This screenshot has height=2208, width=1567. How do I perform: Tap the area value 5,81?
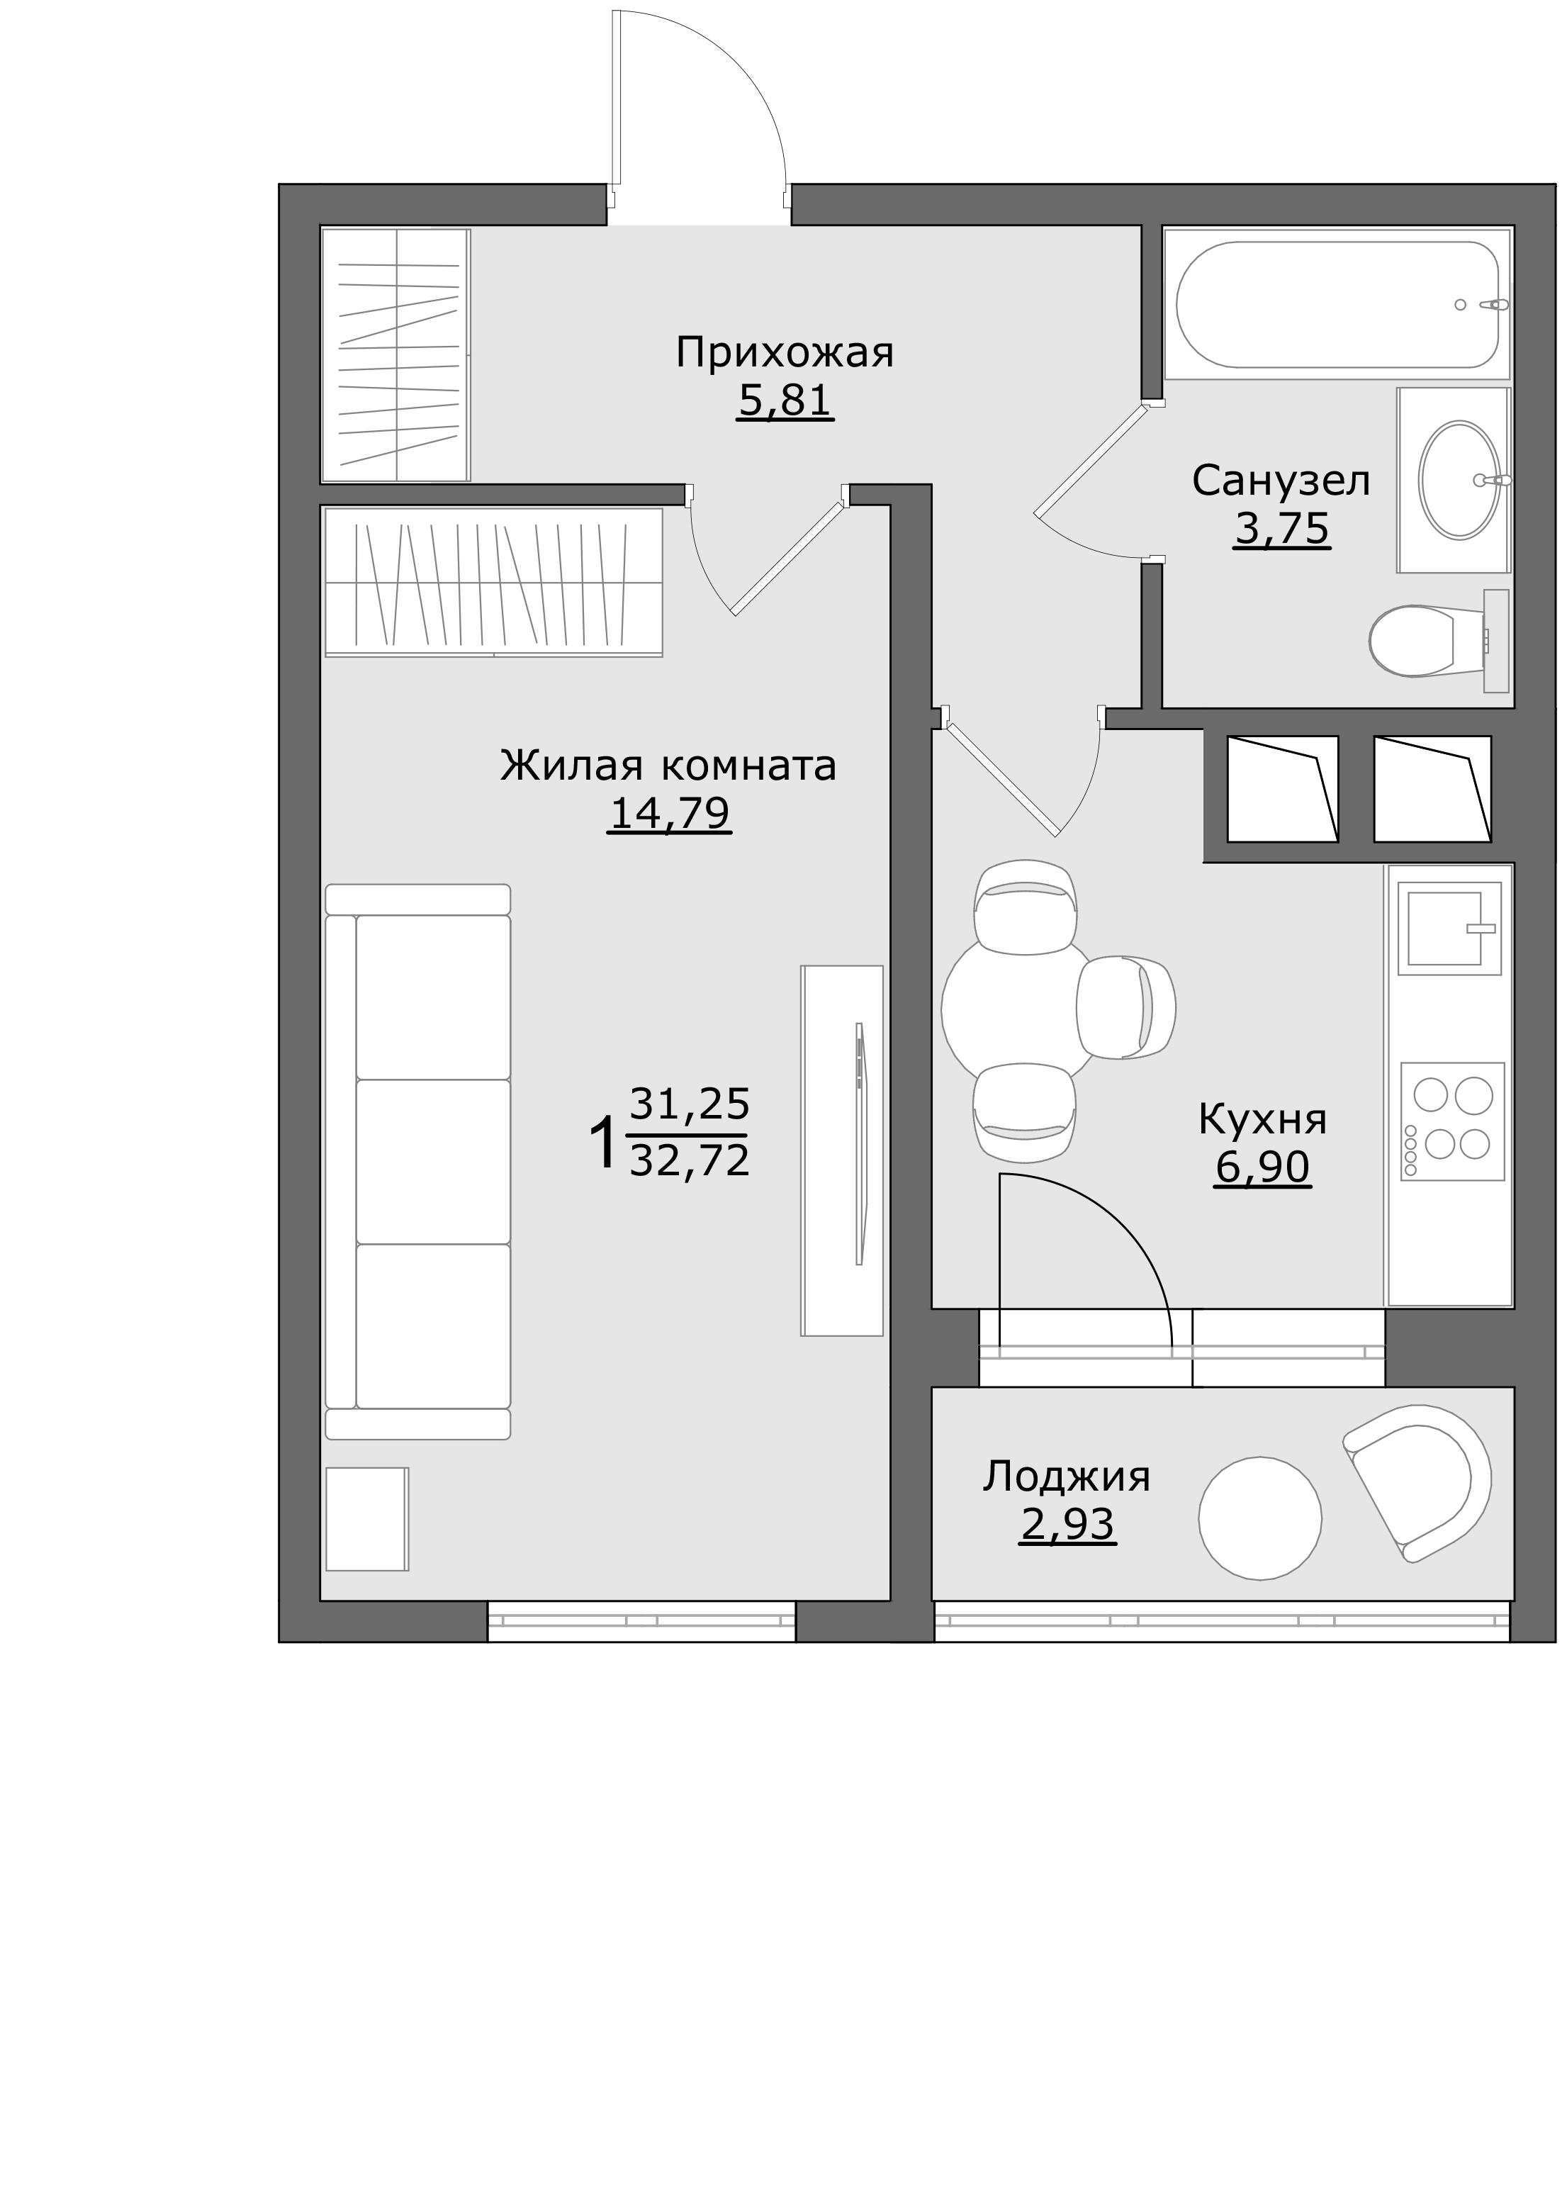pos(785,400)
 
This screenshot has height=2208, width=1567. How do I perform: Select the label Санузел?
pos(1281,481)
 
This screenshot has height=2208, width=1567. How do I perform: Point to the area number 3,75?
pos(1281,528)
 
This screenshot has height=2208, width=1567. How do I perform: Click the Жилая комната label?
pos(668,766)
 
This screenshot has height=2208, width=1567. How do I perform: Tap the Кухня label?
pos(1262,1119)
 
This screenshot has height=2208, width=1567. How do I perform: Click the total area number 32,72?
pos(689,1160)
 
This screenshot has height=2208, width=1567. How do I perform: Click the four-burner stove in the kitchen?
pos(1452,1121)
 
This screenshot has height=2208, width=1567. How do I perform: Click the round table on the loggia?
pos(1260,1518)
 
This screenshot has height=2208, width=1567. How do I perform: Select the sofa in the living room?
pos(418,1162)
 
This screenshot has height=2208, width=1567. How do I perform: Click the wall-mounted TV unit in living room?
pos(843,1150)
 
